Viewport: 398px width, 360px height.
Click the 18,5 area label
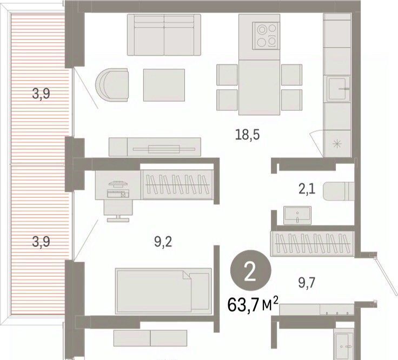(248, 135)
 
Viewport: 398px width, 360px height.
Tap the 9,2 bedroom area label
(163, 242)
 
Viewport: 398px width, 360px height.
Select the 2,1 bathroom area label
(307, 189)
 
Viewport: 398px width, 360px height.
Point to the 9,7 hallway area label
(307, 283)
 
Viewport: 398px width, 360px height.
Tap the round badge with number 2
(250, 270)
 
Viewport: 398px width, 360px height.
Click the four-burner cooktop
(266, 36)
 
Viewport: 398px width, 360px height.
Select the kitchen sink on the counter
(338, 88)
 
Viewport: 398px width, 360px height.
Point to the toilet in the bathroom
(339, 191)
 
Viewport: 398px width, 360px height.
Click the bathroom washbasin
(297, 215)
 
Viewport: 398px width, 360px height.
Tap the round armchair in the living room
(112, 85)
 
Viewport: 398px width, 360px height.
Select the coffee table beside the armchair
(164, 85)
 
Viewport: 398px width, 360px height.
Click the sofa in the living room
(164, 35)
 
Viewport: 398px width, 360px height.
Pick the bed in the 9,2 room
(163, 291)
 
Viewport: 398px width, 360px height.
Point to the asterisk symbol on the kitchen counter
(337, 144)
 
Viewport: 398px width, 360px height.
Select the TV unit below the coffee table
(155, 147)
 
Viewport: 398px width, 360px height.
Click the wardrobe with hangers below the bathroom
(313, 244)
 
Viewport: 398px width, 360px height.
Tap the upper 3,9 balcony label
(41, 94)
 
